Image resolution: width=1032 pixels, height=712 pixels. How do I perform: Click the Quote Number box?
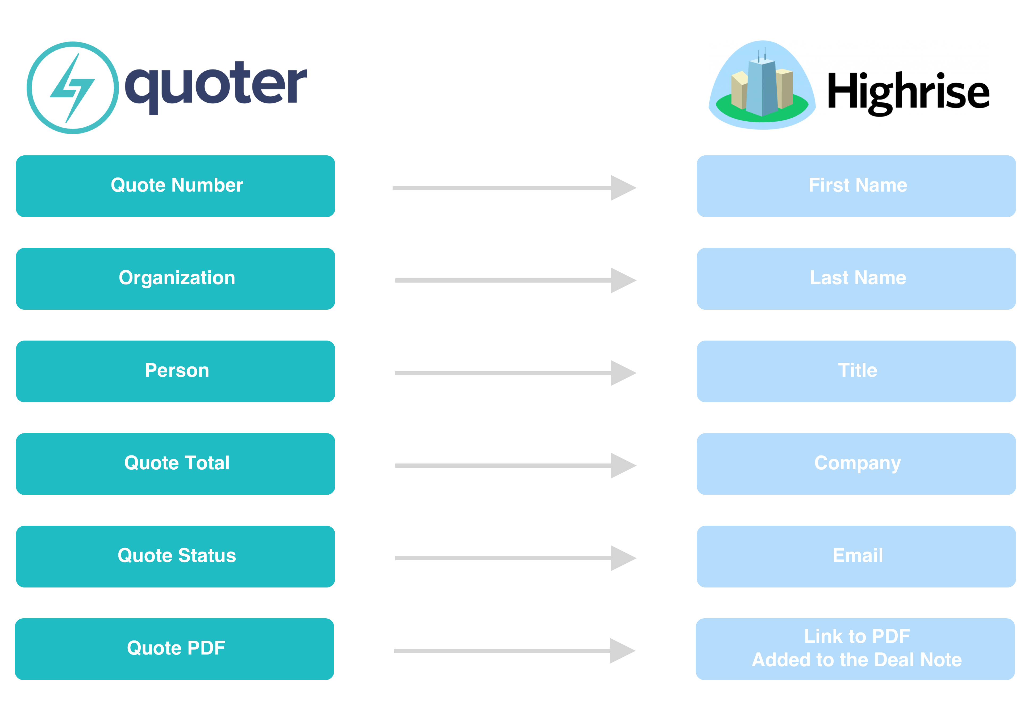175,186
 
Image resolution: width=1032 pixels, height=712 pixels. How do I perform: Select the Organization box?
175,279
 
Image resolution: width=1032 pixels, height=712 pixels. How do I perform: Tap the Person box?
175,371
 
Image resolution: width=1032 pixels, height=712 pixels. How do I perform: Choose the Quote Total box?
175,464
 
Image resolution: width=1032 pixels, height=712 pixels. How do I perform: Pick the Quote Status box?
175,556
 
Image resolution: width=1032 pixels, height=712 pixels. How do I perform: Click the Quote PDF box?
174,649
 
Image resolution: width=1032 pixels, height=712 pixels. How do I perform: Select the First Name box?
856,186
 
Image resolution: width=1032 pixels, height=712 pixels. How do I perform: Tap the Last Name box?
856,279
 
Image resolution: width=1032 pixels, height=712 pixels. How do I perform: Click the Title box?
856,371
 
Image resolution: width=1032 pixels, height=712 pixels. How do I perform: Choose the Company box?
856,464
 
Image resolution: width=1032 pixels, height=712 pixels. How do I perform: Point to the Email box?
856,556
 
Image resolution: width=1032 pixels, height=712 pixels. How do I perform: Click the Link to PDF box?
855,649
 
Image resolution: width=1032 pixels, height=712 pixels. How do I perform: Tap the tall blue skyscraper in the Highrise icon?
762,88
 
